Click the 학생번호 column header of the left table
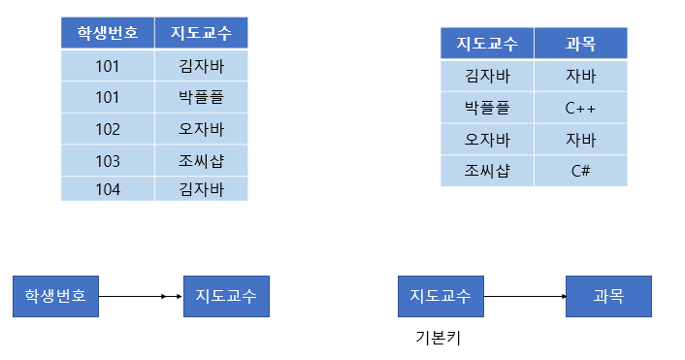click(x=107, y=34)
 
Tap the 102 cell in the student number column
click(x=107, y=129)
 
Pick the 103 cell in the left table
click(x=107, y=160)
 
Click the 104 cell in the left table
click(x=107, y=189)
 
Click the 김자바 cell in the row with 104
click(x=201, y=189)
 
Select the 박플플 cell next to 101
click(x=201, y=98)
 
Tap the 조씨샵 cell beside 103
click(x=201, y=160)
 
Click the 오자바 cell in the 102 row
click(x=201, y=129)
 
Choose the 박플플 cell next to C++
click(x=486, y=108)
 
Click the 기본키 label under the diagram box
click(x=435, y=338)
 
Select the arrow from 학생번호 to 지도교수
click(x=141, y=296)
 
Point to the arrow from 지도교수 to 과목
click(x=524, y=296)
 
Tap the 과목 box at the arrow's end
click(x=608, y=296)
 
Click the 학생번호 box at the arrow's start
click(x=55, y=296)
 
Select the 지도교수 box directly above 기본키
click(x=440, y=296)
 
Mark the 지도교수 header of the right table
click(x=486, y=44)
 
